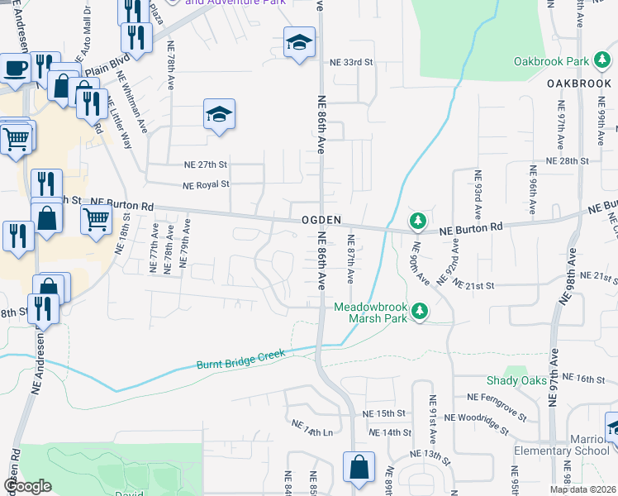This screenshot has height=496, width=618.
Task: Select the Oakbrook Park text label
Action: (x=550, y=61)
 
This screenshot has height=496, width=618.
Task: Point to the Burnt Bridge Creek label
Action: (x=240, y=359)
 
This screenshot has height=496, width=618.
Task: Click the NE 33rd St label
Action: (x=352, y=62)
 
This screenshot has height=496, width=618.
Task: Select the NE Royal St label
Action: (x=206, y=184)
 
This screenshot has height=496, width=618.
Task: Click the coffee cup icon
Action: (x=14, y=68)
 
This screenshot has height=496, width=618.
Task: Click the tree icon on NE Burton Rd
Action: (x=419, y=221)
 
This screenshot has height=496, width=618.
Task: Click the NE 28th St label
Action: (x=567, y=161)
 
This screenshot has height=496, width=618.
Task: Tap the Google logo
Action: (x=28, y=486)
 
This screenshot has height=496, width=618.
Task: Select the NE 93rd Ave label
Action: (x=478, y=191)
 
